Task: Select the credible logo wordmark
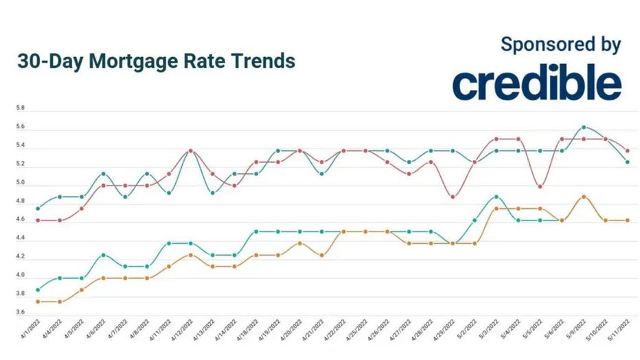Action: [x=536, y=84]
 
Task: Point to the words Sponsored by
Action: [x=560, y=45]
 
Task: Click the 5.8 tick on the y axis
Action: [x=20, y=109]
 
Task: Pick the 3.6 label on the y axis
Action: [x=20, y=313]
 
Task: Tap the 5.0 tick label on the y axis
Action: [x=20, y=183]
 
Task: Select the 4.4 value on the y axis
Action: [x=20, y=238]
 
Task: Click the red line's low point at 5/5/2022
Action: [x=540, y=186]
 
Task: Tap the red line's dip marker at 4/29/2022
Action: [x=453, y=197]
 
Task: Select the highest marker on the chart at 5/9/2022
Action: [x=584, y=127]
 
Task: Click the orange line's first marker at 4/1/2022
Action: [x=37, y=302]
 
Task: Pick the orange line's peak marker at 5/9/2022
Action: [x=584, y=196]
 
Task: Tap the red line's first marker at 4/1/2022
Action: [x=37, y=220]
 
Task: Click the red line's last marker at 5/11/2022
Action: [x=628, y=150]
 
